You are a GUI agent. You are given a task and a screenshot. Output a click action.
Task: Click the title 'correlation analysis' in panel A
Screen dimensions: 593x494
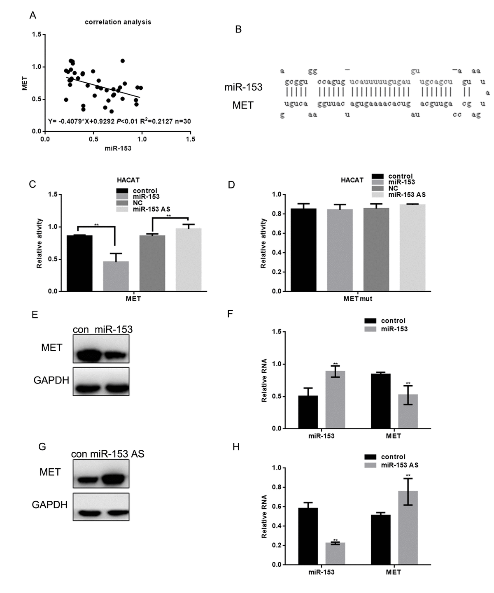tap(118, 22)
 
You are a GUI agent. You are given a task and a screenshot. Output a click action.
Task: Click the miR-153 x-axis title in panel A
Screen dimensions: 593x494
tap(118, 148)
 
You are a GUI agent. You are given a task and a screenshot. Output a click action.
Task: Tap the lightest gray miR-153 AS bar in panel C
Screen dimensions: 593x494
tap(189, 260)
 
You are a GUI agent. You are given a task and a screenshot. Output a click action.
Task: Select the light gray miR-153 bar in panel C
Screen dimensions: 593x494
tap(115, 276)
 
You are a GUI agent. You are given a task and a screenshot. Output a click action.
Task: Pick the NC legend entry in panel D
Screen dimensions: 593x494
tap(393, 188)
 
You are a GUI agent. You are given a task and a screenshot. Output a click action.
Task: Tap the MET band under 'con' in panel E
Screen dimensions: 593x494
tap(87, 354)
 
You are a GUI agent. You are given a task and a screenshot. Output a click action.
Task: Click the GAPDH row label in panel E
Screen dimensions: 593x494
tap(51, 380)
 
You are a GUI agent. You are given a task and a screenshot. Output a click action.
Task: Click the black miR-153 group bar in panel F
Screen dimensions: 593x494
tap(308, 412)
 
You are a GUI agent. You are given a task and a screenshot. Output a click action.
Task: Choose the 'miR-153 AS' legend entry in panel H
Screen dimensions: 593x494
tap(399, 465)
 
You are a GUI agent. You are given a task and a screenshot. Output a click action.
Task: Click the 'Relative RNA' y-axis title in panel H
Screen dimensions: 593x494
tap(264, 516)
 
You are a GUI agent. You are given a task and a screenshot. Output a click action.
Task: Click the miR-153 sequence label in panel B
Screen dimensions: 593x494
tap(243, 87)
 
